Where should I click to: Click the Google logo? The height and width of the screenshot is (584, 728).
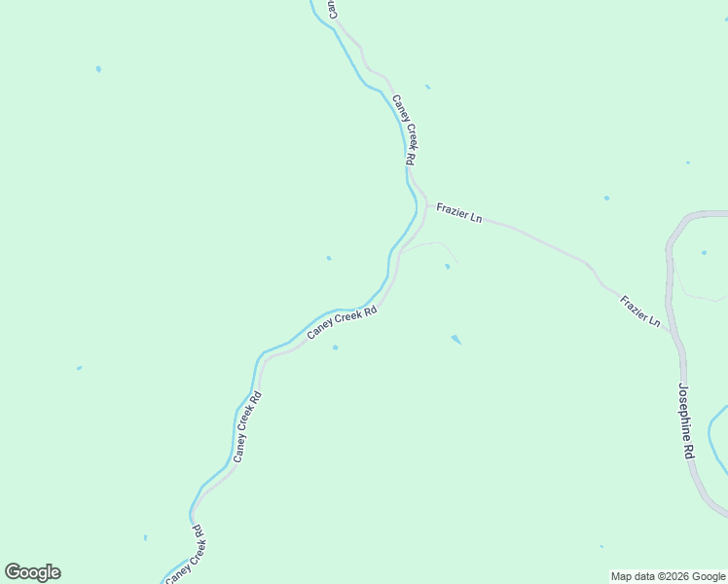click(x=32, y=572)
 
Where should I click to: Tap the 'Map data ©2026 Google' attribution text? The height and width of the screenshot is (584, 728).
click(x=669, y=576)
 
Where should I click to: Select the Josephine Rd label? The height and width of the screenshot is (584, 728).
click(x=686, y=420)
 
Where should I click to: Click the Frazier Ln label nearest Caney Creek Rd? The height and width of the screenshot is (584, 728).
click(x=459, y=213)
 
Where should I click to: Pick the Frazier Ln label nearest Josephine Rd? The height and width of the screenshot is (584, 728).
click(x=640, y=311)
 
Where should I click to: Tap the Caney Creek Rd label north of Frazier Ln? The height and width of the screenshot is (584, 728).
click(x=405, y=128)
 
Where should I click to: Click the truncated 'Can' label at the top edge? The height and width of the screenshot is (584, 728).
click(x=332, y=9)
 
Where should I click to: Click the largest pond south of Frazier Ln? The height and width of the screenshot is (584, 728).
click(x=455, y=339)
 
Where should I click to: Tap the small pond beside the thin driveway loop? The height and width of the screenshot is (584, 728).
click(x=447, y=266)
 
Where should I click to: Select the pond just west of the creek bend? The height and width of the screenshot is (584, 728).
click(x=329, y=258)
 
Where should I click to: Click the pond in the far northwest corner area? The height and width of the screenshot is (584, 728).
click(x=98, y=69)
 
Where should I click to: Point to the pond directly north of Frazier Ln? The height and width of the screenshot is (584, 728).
click(x=606, y=198)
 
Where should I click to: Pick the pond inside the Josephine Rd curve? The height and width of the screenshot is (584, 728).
click(x=704, y=253)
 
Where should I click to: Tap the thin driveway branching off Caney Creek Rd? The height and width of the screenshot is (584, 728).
click(x=428, y=246)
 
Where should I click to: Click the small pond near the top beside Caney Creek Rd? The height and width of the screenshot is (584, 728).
click(x=427, y=87)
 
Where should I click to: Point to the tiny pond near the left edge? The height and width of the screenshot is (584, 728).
click(x=79, y=368)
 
